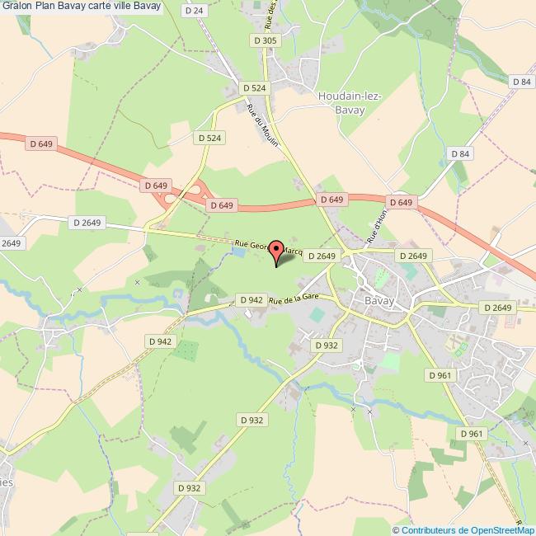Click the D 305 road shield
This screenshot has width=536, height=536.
click(266, 40)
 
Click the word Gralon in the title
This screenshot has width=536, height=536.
click(18, 7)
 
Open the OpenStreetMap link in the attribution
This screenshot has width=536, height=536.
click(498, 530)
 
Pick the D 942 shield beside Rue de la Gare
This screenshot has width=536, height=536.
click(250, 299)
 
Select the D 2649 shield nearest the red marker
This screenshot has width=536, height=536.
click(322, 256)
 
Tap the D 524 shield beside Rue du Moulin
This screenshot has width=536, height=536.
click(254, 87)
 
